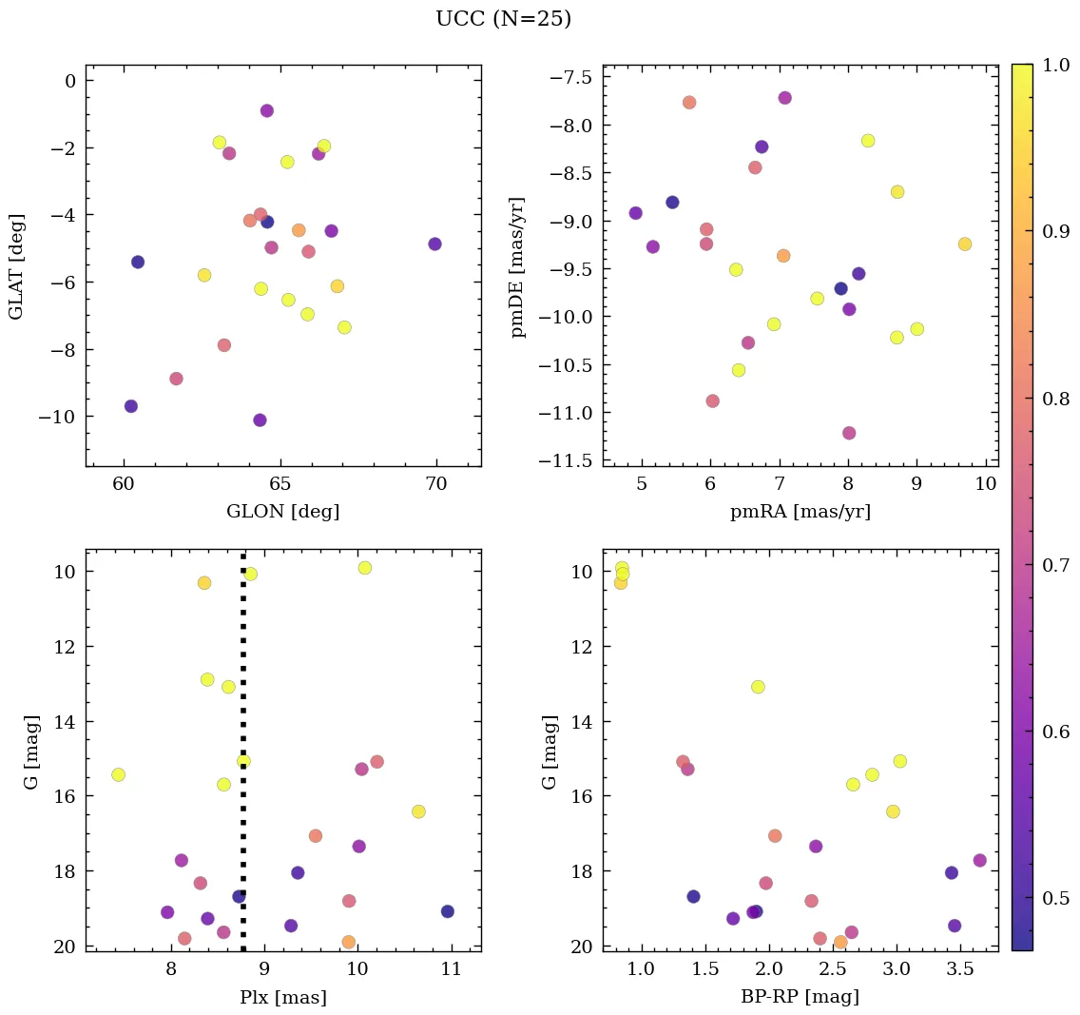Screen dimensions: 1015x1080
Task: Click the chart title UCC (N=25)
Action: tap(503, 19)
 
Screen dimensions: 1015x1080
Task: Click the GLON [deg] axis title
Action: tap(282, 512)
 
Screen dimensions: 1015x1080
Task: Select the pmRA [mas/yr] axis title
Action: tap(800, 512)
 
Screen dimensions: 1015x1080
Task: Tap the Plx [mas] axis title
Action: tap(282, 997)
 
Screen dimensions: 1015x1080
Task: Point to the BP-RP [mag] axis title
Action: tap(800, 997)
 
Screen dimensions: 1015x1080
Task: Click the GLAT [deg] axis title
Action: tap(16, 266)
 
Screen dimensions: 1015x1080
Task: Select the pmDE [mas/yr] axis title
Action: tap(518, 266)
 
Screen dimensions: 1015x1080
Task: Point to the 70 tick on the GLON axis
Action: tap(436, 484)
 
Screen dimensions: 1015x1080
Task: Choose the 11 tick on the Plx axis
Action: tap(451, 969)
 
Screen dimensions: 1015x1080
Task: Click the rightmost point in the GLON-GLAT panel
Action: tap(434, 244)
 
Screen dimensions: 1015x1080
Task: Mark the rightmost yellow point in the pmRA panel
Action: tap(965, 244)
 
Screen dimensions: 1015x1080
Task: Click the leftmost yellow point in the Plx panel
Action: tap(118, 774)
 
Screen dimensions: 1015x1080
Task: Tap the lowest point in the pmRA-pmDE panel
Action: tap(849, 433)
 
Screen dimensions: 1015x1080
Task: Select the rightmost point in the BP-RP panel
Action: tap(980, 860)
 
